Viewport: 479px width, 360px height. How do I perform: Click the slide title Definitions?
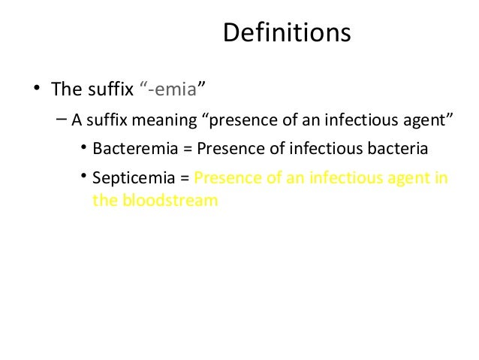[x=287, y=34]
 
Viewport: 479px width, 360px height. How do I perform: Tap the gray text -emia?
[x=171, y=90]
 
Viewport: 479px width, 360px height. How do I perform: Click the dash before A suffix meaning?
[x=61, y=119]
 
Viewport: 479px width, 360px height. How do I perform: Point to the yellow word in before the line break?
[x=441, y=179]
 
